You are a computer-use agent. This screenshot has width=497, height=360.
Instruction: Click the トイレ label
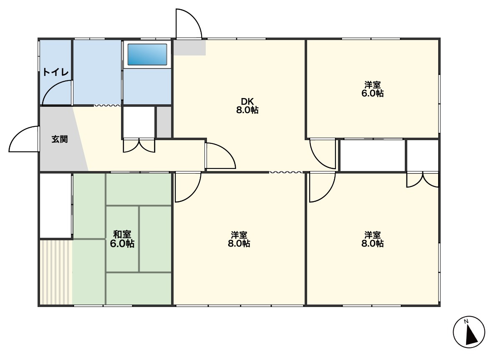(x=56, y=72)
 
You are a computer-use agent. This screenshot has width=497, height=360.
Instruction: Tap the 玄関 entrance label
(x=60, y=139)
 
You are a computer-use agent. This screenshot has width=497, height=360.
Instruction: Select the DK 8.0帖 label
(x=247, y=106)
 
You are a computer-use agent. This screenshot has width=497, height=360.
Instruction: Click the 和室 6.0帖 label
(x=122, y=239)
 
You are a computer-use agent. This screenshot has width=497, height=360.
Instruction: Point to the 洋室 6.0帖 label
(x=372, y=89)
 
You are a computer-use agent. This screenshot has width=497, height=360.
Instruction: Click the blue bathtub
(x=147, y=54)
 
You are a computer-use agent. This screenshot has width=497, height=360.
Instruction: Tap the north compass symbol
(x=469, y=332)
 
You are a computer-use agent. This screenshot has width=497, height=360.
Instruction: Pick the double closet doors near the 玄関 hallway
(x=139, y=146)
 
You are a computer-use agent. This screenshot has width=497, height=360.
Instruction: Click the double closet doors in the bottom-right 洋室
(x=423, y=180)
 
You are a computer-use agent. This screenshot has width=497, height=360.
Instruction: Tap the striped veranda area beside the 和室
(x=56, y=272)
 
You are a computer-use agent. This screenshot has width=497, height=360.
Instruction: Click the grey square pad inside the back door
(x=189, y=48)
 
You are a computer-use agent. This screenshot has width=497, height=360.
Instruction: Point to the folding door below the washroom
(x=107, y=105)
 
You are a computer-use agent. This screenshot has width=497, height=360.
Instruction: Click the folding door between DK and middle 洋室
(x=286, y=172)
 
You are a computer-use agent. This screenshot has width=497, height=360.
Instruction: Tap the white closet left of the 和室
(x=56, y=205)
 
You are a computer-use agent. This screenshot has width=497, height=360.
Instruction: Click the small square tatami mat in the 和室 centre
(x=122, y=239)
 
